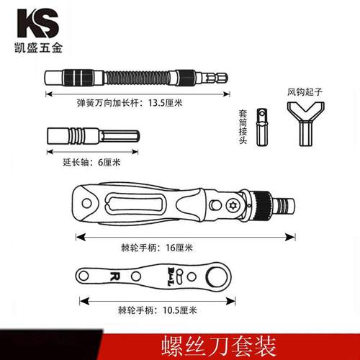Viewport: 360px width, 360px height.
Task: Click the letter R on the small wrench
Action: [114, 276]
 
